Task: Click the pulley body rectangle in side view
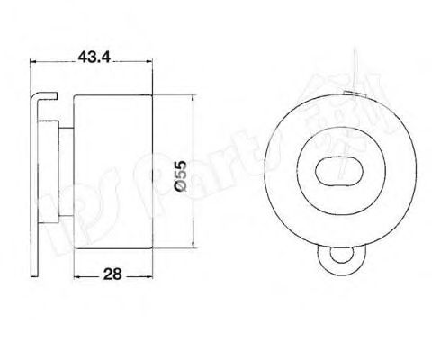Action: pyautogui.click(x=114, y=171)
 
